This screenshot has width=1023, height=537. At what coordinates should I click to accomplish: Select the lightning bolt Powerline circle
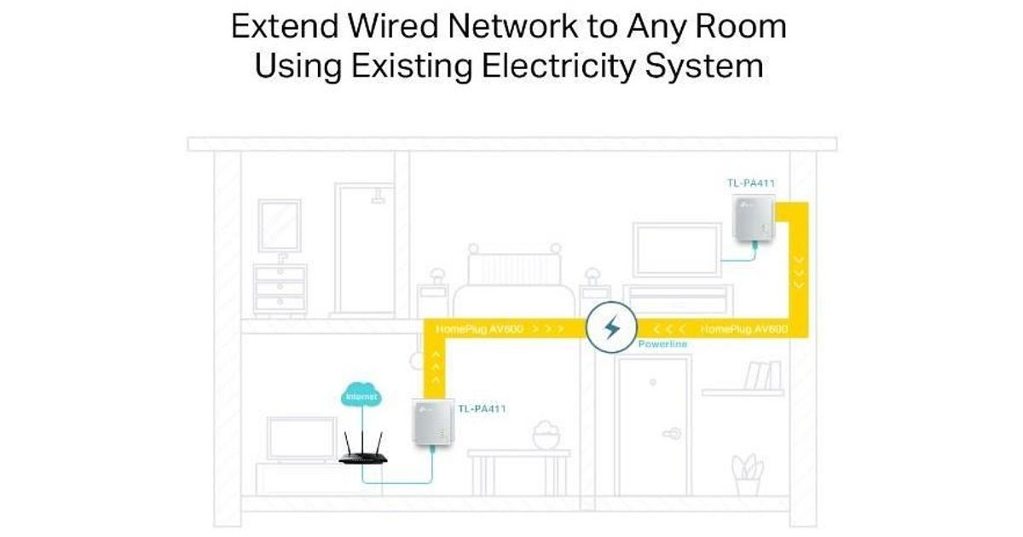(x=610, y=328)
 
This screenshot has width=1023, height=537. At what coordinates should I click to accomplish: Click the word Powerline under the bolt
(x=662, y=344)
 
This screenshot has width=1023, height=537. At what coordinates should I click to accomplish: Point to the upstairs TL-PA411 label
(x=751, y=183)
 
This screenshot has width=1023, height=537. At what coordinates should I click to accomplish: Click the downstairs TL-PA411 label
(x=482, y=409)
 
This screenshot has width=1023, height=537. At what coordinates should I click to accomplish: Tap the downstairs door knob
(x=673, y=432)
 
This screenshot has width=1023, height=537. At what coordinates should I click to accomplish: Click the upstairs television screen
(x=677, y=247)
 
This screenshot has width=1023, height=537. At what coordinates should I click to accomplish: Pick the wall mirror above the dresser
(x=280, y=225)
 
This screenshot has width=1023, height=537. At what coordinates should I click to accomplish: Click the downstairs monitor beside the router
(x=302, y=438)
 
